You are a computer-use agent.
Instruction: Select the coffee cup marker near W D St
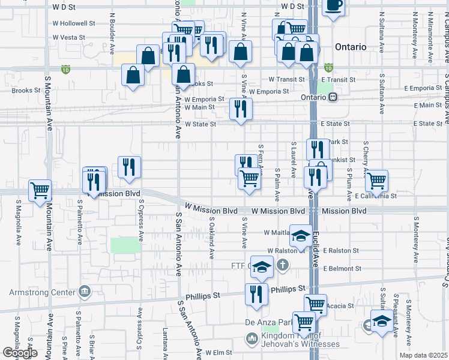pyautogui.click(x=334, y=6)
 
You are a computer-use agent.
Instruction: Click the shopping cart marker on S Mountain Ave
pyautogui.click(x=40, y=191)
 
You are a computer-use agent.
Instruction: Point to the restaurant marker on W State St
pyautogui.click(x=241, y=109)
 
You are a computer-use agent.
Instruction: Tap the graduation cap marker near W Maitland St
pyautogui.click(x=301, y=235)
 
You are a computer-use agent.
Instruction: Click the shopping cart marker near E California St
pyautogui.click(x=376, y=180)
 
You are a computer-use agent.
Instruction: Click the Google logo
pyautogui.click(x=20, y=353)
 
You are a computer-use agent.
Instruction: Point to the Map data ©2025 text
pyautogui.click(x=423, y=355)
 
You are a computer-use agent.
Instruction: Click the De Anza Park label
pyautogui.click(x=264, y=323)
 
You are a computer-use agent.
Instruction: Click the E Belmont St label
pyautogui.click(x=343, y=269)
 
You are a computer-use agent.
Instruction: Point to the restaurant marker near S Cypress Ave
pyautogui.click(x=129, y=167)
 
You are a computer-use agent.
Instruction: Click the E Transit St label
pyautogui.click(x=339, y=79)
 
